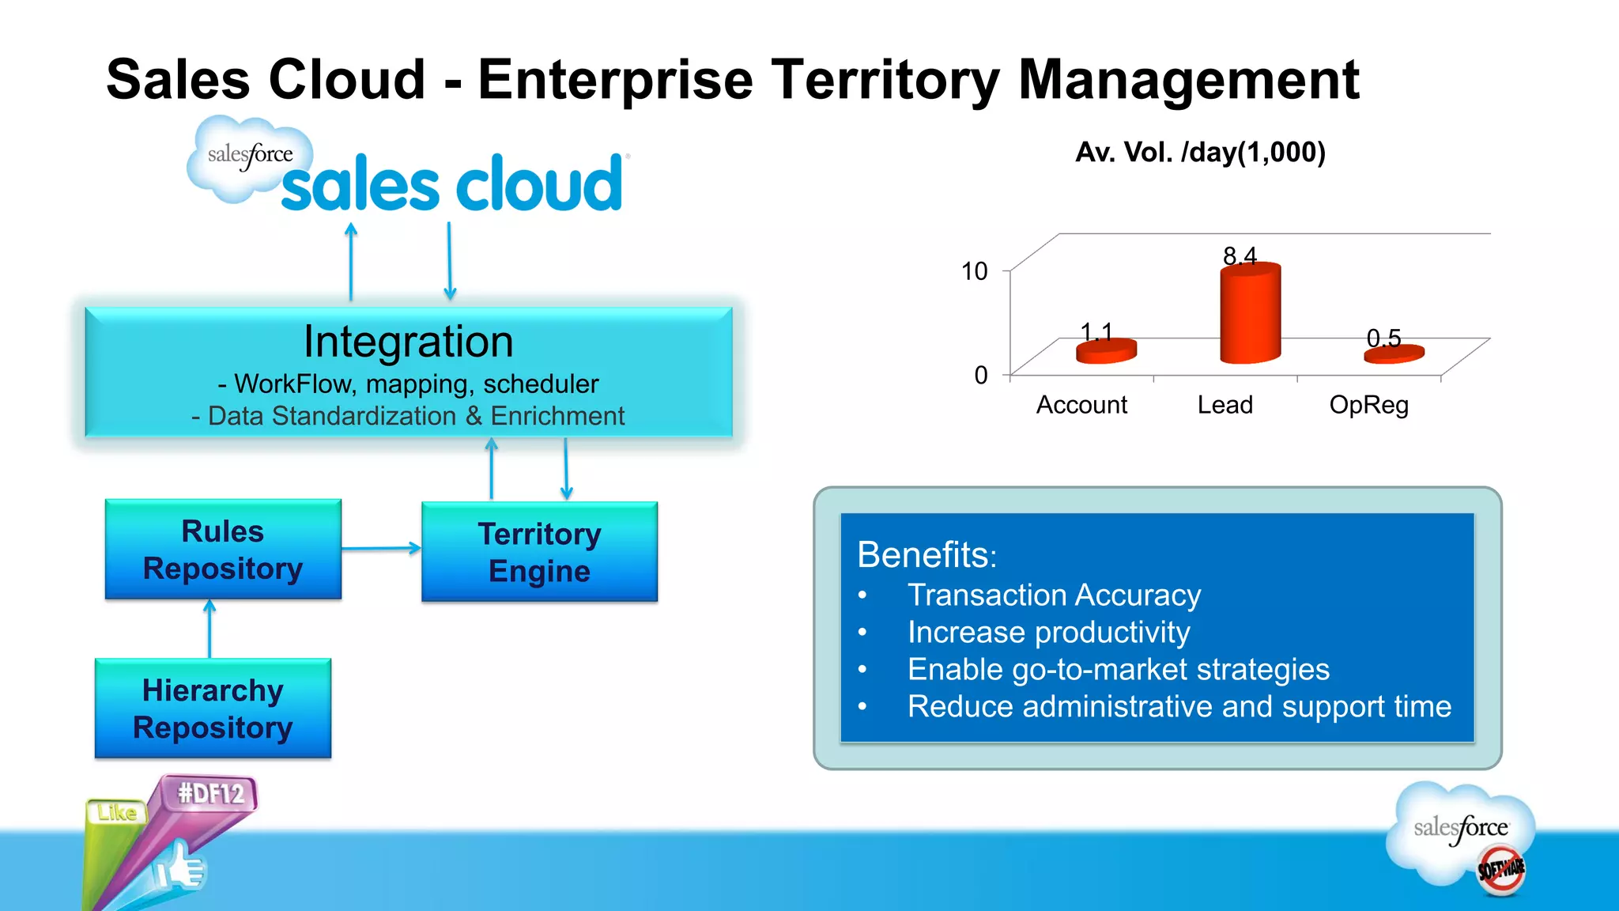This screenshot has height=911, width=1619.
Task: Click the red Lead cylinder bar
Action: coord(1250,315)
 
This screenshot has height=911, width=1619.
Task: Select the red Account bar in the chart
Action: coord(1106,351)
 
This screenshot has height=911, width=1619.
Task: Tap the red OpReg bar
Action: coord(1394,353)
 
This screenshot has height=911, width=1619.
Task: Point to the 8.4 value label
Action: coord(1240,255)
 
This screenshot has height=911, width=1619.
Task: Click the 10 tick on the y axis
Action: coord(974,271)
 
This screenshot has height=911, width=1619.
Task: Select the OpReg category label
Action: coord(1368,405)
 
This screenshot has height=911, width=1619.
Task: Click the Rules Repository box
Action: coord(223,550)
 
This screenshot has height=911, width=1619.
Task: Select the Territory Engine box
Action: coord(539,552)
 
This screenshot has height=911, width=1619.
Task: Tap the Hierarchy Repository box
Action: coord(213,709)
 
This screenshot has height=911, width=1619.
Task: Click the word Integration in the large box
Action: coord(408,342)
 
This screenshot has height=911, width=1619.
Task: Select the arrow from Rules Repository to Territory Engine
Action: coord(381,548)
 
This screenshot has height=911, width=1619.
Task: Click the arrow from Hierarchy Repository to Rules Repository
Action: coord(209,629)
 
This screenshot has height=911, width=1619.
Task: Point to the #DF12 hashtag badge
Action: coord(211,792)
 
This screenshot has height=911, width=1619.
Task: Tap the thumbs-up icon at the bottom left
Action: coord(180,868)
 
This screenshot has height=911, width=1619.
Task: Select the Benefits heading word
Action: coord(925,555)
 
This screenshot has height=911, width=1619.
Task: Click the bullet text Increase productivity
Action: coord(1048,633)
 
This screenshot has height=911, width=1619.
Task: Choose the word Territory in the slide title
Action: coord(885,80)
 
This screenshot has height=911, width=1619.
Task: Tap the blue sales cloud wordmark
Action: coord(452,184)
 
